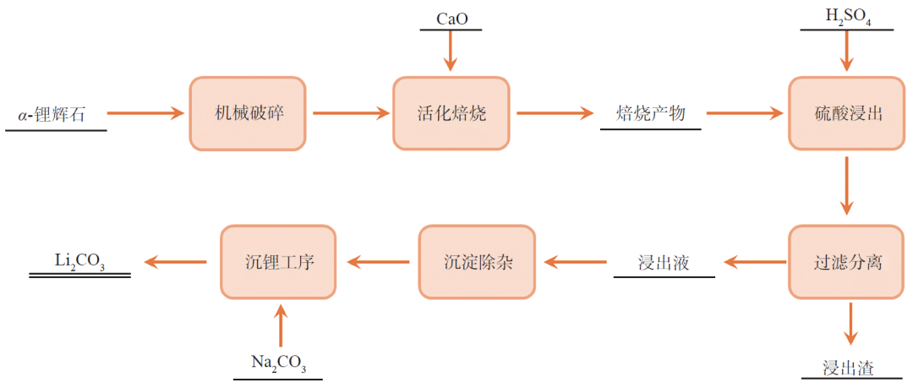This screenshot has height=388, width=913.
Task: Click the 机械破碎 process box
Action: [x=246, y=113]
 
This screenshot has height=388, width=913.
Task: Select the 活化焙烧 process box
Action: [x=451, y=113]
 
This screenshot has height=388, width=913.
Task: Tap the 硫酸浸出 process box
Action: [x=847, y=113]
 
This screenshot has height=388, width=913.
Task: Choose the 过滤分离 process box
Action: [x=847, y=262]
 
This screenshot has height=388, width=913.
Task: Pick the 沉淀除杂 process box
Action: [x=478, y=262]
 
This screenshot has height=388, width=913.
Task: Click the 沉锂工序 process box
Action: [x=278, y=262]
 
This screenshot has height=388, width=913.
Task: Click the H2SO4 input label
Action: [x=846, y=17]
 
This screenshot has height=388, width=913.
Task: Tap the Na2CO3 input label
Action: [x=278, y=363]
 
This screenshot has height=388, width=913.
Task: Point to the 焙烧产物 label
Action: [x=650, y=113]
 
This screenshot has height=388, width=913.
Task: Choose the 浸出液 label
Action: [x=664, y=262]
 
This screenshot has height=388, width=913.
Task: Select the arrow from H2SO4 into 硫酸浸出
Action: [x=846, y=53]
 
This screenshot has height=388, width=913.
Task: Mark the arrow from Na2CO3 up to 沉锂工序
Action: [x=282, y=328]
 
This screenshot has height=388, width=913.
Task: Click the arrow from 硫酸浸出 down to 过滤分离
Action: [x=846, y=187]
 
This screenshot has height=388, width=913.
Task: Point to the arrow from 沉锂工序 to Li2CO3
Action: [x=176, y=262]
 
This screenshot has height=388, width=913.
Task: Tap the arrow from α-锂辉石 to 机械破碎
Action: [x=145, y=113]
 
